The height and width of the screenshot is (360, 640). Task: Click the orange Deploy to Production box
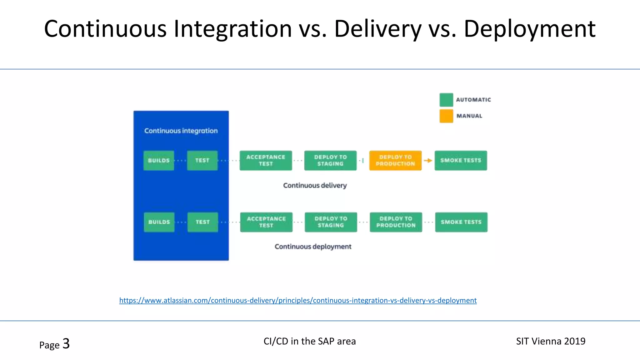coord(395,161)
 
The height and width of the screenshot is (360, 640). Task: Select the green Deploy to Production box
coord(396,222)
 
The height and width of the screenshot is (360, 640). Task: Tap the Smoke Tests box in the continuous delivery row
coord(461,161)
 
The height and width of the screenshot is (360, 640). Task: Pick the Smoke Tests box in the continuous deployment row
coord(461,222)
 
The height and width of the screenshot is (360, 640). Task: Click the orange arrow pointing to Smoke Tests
coord(428,161)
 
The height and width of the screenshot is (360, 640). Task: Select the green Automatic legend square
coord(446,100)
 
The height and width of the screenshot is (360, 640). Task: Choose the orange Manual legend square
coord(446,116)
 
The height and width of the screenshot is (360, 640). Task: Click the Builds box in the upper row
coord(159,161)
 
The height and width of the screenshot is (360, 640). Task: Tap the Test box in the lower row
coord(202,222)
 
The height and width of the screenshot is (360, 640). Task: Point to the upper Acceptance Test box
coord(266,161)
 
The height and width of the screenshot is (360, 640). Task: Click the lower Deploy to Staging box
coord(331,222)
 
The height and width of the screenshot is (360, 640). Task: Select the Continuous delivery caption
coord(315,186)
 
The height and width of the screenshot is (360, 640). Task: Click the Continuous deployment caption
coord(313,247)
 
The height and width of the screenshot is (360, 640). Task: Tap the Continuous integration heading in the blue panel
coord(181,131)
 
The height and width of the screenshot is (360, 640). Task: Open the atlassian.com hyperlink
coord(298,301)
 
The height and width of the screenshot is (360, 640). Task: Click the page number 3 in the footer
coord(66,344)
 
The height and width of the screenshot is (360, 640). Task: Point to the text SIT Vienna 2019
coord(551,341)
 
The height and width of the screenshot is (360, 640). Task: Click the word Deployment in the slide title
coord(529,29)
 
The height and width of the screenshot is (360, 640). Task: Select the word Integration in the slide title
coord(233,29)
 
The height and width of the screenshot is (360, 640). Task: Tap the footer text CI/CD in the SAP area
coord(309,341)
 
